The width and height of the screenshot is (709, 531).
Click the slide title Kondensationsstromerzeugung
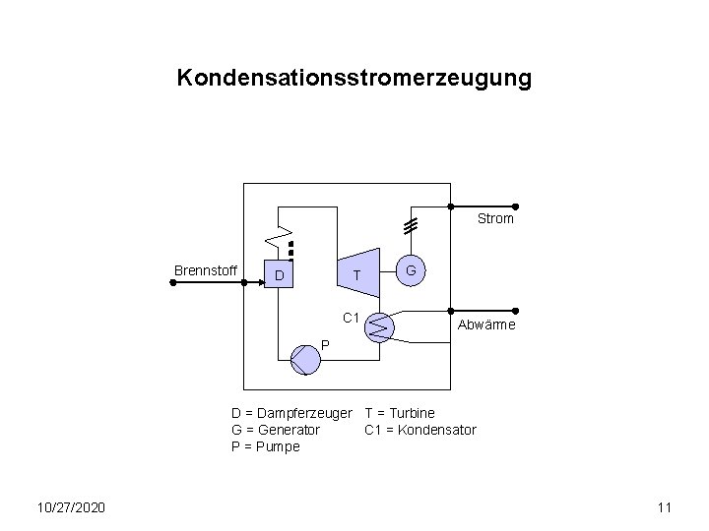[354, 78]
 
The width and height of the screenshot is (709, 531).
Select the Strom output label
[495, 219]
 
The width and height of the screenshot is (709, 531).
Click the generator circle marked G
[412, 270]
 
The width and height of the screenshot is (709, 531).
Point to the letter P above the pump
[325, 344]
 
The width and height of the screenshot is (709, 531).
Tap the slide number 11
[664, 507]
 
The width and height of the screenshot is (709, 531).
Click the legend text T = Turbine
[400, 413]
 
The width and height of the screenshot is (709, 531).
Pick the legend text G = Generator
[275, 430]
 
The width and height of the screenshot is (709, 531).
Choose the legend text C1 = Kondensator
[420, 430]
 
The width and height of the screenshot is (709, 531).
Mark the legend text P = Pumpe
[265, 446]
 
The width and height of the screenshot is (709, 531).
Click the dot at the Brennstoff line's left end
[172, 282]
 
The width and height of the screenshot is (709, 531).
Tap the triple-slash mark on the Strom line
[410, 224]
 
